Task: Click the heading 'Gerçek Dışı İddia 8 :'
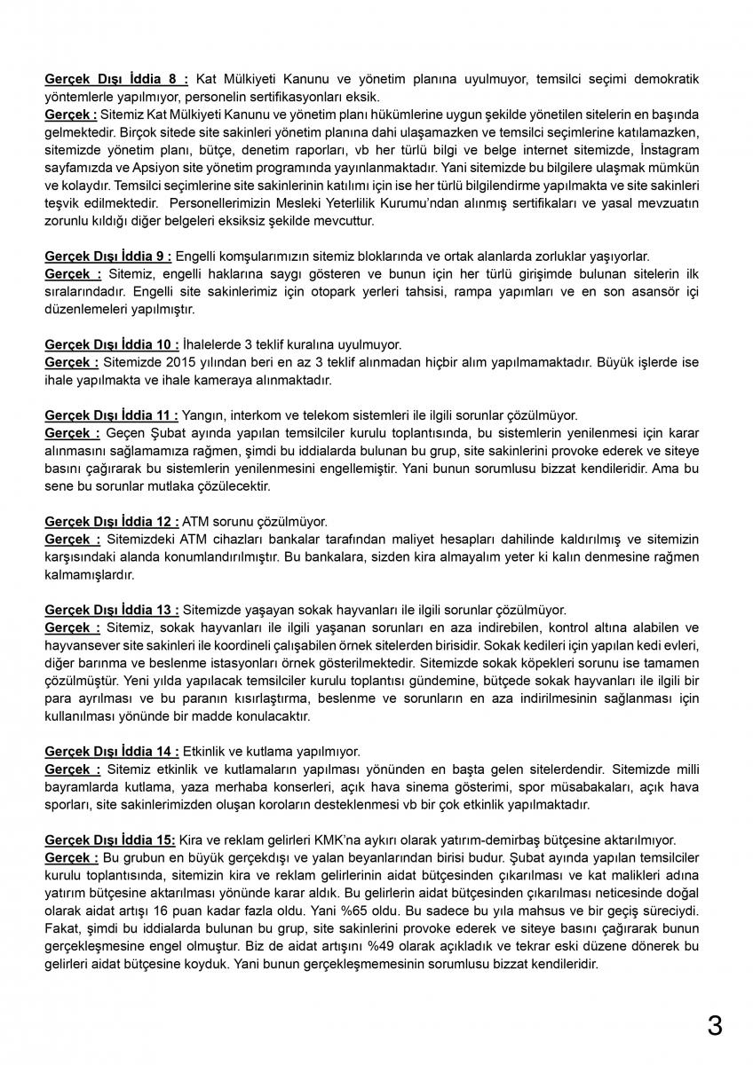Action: pyautogui.click(x=116, y=79)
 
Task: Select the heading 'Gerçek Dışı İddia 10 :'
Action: pyautogui.click(x=113, y=344)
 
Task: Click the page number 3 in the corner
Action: pyautogui.click(x=715, y=1026)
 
